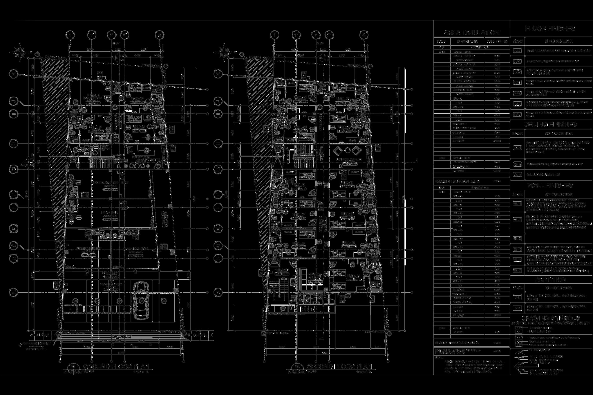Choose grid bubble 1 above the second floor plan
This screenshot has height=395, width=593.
point(274,34)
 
